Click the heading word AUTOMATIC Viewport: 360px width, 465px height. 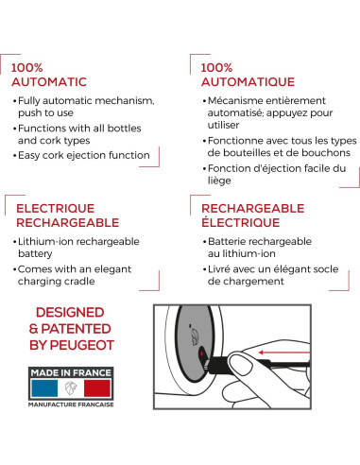[x=49, y=82]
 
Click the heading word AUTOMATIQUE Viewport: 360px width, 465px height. [x=248, y=82]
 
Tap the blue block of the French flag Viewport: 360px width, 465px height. [x=44, y=388]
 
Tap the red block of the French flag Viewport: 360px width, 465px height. [x=97, y=388]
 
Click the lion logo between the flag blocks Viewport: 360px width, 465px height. [x=71, y=388]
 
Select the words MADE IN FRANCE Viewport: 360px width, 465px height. [x=71, y=372]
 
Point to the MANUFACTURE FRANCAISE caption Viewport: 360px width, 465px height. [x=71, y=405]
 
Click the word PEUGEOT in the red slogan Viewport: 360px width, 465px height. [x=82, y=345]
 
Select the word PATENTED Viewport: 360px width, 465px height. [x=76, y=329]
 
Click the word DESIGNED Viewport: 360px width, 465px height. [x=70, y=313]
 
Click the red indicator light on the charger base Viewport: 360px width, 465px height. [x=201, y=353]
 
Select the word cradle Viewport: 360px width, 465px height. [x=79, y=282]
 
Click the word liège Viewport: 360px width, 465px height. [x=219, y=181]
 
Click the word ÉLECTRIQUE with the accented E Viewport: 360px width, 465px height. [x=241, y=222]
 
